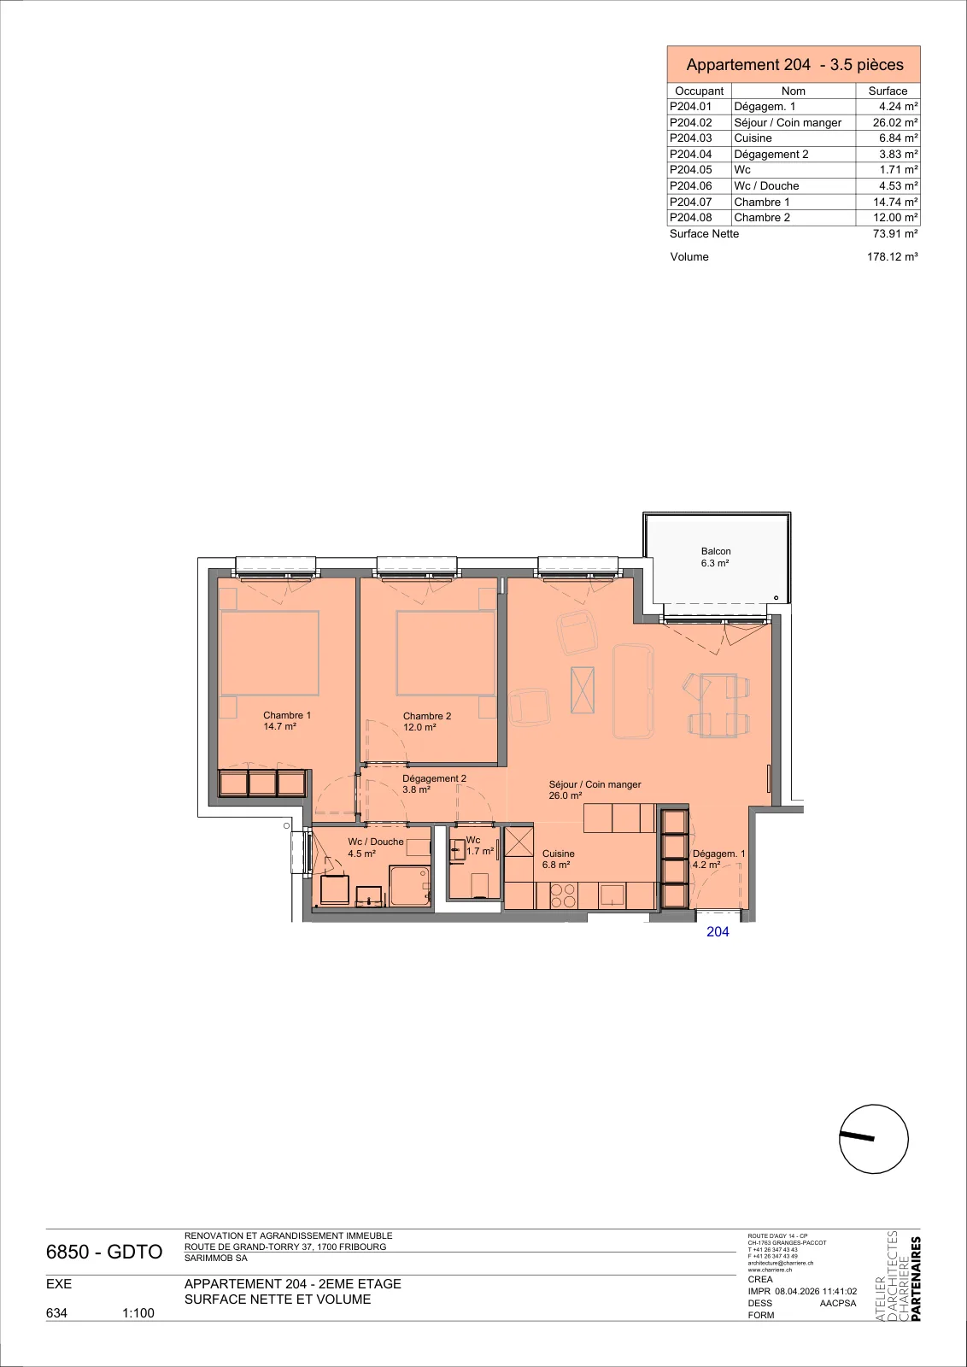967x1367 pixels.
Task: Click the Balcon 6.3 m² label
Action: point(716,557)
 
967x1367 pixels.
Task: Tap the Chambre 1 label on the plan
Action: point(287,721)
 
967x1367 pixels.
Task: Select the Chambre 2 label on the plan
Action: point(427,721)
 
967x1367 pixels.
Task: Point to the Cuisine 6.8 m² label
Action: point(558,860)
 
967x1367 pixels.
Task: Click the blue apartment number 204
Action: point(718,932)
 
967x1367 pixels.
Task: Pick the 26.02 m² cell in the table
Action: point(895,123)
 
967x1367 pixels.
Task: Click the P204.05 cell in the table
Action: point(690,170)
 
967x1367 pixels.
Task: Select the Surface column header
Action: point(888,91)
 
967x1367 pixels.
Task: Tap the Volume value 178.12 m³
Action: point(892,257)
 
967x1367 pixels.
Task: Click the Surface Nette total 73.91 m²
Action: point(895,234)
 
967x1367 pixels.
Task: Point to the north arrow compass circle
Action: point(874,1139)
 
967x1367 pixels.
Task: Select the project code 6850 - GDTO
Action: point(104,1253)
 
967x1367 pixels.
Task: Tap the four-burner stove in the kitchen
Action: point(562,895)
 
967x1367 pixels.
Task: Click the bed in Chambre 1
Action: point(270,653)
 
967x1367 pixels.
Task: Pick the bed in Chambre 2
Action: point(445,654)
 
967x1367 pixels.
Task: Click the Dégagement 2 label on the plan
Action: point(434,784)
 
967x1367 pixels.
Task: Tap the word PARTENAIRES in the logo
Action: point(915,1278)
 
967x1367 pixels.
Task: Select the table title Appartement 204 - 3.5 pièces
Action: point(795,65)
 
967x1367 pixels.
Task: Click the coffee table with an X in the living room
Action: point(582,689)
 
